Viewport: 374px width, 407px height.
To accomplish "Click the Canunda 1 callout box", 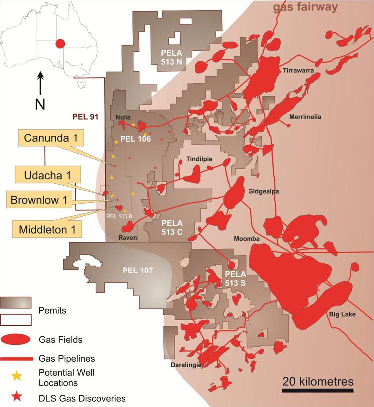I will pos(48,138).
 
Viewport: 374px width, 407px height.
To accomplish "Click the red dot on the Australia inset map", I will pos(60,44).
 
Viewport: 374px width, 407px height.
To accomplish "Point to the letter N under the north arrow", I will pos(41,104).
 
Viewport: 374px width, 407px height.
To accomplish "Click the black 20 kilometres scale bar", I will pos(318,390).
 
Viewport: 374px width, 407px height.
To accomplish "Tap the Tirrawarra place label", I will pos(298,71).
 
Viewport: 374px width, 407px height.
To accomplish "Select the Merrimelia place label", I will pos(305,117).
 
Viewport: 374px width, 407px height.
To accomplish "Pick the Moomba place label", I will pos(247,239).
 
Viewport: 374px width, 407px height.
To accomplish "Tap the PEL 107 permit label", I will pos(136,271).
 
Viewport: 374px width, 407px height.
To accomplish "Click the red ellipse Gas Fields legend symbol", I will pos(16,339).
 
